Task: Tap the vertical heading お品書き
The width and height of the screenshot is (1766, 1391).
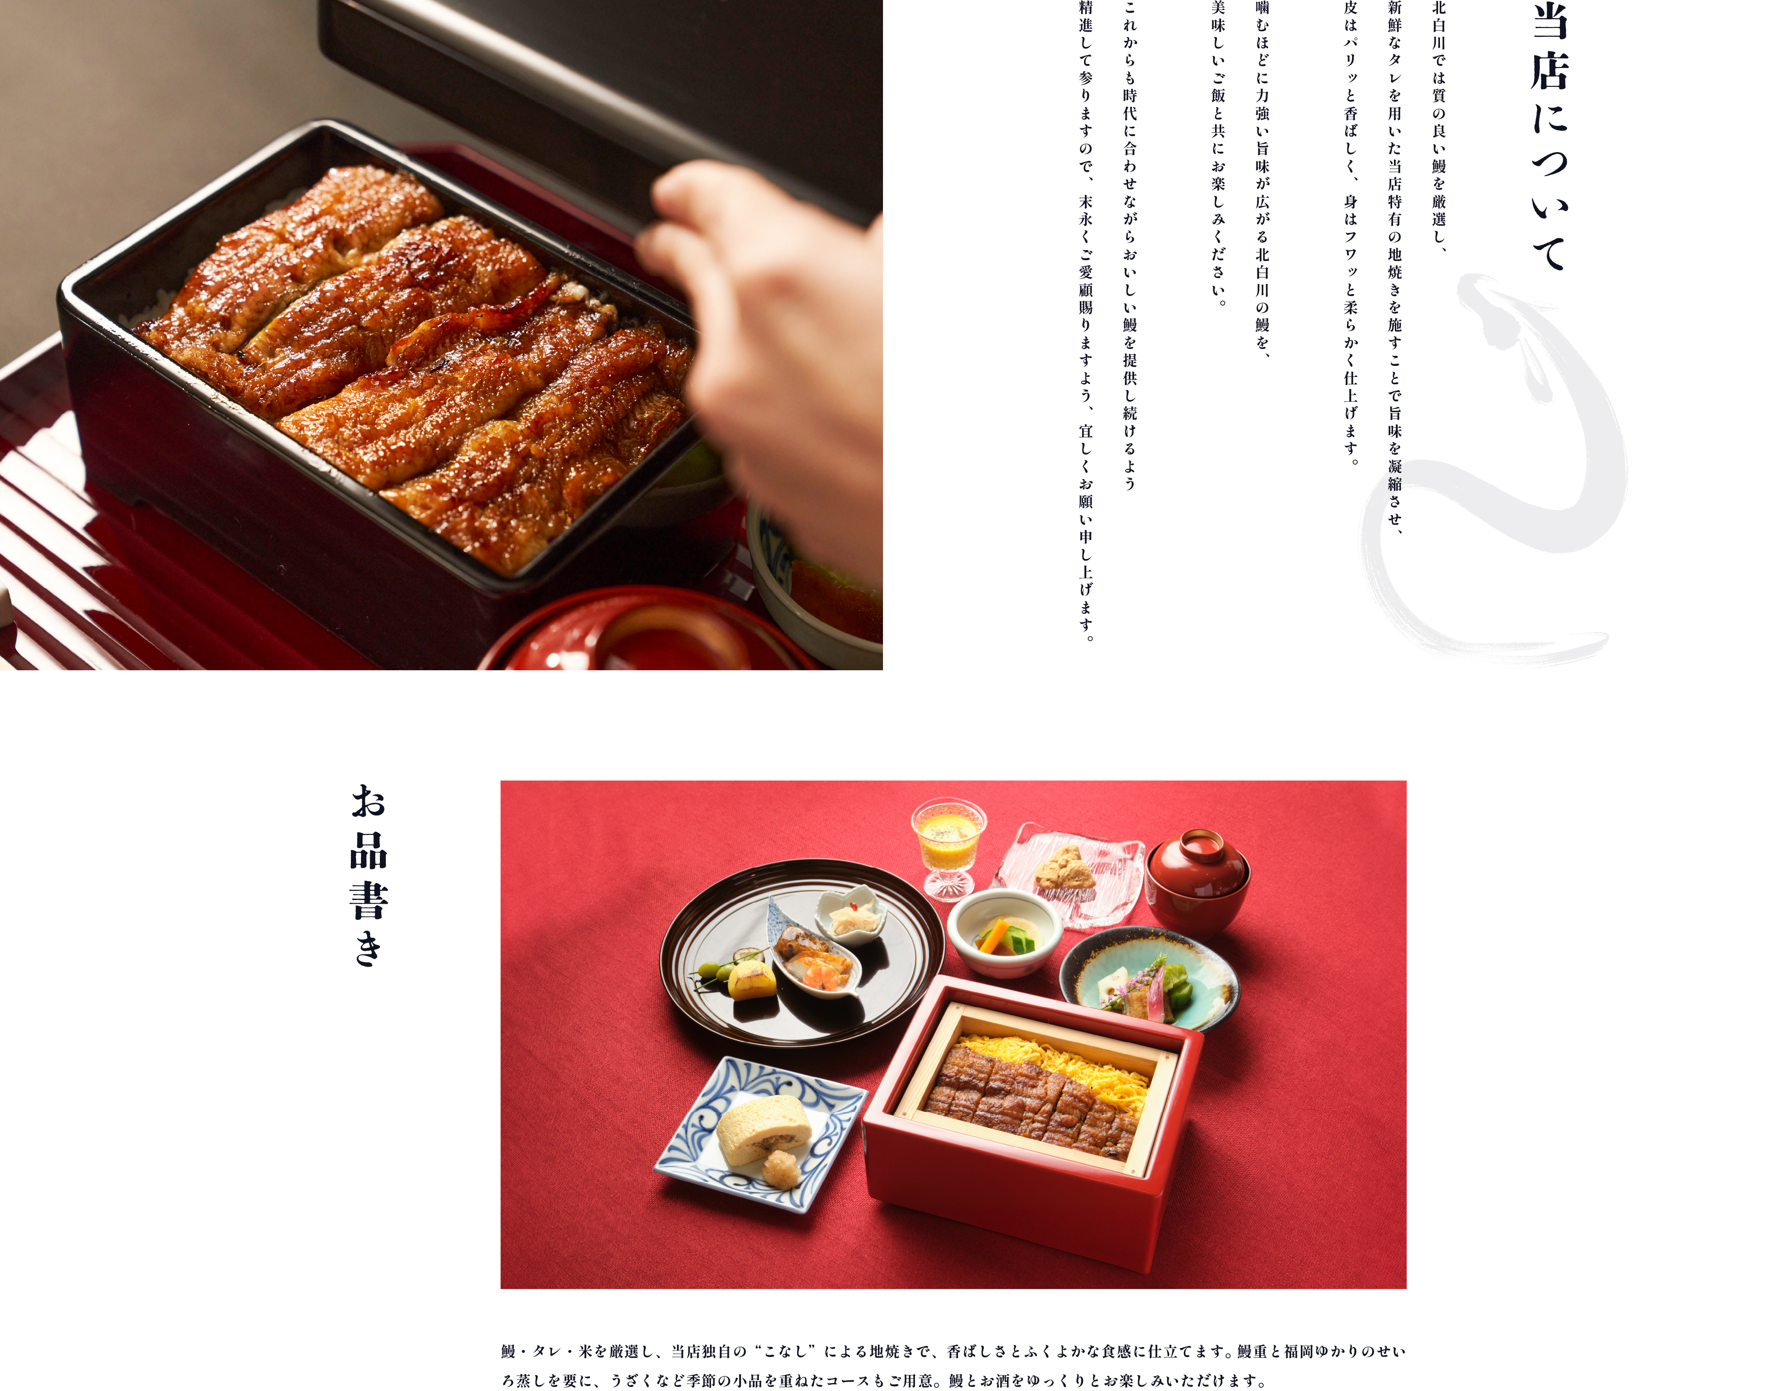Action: click(x=369, y=876)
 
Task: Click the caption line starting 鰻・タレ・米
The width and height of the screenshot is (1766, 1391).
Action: click(x=953, y=1351)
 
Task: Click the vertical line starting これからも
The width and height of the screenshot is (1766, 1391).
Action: click(x=1130, y=244)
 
